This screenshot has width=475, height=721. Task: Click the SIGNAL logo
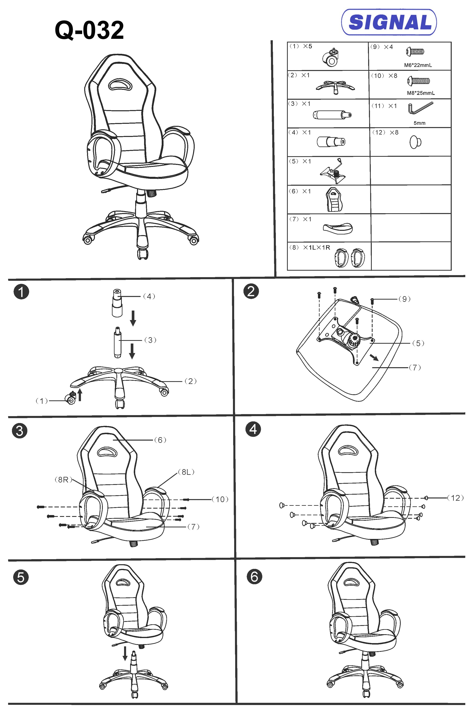click(x=389, y=22)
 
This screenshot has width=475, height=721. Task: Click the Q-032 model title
click(x=89, y=30)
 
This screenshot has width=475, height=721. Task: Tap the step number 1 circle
click(x=21, y=292)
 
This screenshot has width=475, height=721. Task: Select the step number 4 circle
click(x=253, y=429)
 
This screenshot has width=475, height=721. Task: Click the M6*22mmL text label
click(x=418, y=65)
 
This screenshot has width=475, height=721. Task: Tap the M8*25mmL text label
click(x=420, y=93)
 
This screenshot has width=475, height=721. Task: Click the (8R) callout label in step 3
click(x=63, y=480)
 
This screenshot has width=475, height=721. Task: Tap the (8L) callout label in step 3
click(x=186, y=472)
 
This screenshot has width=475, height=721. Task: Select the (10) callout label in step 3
click(x=220, y=499)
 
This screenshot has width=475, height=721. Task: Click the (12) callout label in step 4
click(x=455, y=498)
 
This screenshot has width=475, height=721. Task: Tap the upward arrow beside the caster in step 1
click(x=80, y=395)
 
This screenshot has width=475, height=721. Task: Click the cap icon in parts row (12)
click(x=415, y=142)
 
